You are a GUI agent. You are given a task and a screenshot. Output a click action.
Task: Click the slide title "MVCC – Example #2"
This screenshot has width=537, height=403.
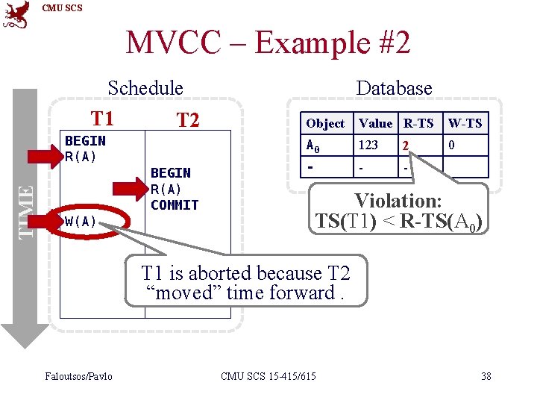pos(268,43)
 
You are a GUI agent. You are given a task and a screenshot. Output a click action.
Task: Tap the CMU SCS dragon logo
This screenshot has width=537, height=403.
pos(16,14)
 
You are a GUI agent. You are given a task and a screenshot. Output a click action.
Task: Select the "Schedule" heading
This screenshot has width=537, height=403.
pos(145,88)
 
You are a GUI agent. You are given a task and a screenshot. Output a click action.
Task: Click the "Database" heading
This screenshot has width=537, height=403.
pos(394,88)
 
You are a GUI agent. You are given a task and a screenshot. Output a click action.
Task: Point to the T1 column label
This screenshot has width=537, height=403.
pos(102,118)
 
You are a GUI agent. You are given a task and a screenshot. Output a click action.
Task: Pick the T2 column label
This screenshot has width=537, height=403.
pos(188,119)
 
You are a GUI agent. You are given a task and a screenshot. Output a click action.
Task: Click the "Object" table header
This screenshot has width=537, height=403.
pos(325,123)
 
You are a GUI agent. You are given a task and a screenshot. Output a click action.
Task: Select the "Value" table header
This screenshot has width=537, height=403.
pos(375,123)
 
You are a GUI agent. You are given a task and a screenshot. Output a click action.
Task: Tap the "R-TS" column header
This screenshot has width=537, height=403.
pos(419,123)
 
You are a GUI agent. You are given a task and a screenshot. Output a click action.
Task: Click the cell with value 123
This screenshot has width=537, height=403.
pos(368,145)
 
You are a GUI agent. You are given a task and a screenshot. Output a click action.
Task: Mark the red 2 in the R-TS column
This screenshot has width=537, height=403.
pos(405,146)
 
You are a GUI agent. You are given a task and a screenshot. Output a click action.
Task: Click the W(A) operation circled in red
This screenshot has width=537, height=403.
pos(81,221)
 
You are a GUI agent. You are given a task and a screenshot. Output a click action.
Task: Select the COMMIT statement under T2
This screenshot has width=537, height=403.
pos(175,204)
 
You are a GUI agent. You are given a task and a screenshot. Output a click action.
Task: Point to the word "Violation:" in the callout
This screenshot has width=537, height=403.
pos(398,201)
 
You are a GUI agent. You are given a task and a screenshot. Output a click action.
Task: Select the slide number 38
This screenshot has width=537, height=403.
pos(486,375)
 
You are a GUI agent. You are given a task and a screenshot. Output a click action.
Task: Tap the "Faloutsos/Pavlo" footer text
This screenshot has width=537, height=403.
pos(78,375)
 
